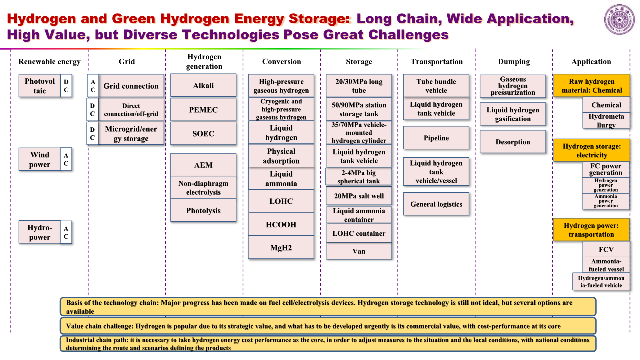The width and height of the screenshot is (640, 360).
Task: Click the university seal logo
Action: click(619, 19)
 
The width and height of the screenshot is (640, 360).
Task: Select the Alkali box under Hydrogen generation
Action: click(203, 85)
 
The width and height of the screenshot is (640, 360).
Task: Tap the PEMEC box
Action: click(203, 109)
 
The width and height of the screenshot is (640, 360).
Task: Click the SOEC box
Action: click(203, 133)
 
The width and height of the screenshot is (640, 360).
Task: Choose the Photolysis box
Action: click(203, 210)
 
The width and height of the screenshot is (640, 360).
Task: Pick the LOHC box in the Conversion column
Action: click(281, 201)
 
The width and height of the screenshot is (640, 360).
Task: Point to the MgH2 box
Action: click(281, 247)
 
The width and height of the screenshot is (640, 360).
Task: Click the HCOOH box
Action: click(281, 224)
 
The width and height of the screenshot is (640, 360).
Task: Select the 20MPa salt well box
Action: click(359, 196)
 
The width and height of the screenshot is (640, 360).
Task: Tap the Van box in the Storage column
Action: click(359, 251)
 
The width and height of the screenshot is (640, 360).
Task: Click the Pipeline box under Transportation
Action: click(436, 138)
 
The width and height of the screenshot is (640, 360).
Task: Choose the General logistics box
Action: click(436, 204)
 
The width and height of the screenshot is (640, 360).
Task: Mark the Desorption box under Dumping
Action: click(513, 142)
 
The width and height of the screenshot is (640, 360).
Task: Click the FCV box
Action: click(606, 249)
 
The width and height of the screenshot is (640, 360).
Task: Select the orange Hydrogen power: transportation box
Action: click(591, 230)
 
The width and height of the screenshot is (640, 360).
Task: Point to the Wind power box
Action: click(39, 159)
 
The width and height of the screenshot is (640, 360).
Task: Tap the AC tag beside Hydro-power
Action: click(66, 232)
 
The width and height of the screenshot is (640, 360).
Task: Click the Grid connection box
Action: click(131, 86)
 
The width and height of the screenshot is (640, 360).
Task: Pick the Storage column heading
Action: click(359, 61)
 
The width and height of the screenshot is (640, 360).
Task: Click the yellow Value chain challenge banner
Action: click(328, 326)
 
